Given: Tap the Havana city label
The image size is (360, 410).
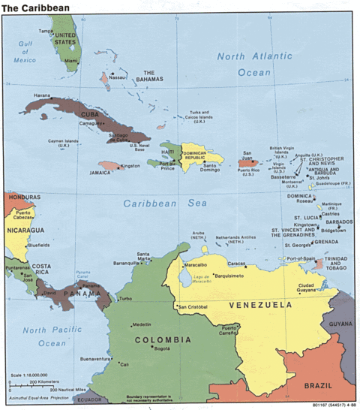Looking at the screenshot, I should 41,95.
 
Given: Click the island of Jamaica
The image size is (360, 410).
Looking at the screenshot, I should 108,166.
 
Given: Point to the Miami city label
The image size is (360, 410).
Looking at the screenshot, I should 71,61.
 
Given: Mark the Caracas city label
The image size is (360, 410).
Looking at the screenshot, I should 237,264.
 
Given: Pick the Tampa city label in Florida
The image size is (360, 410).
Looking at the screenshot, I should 46,31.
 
